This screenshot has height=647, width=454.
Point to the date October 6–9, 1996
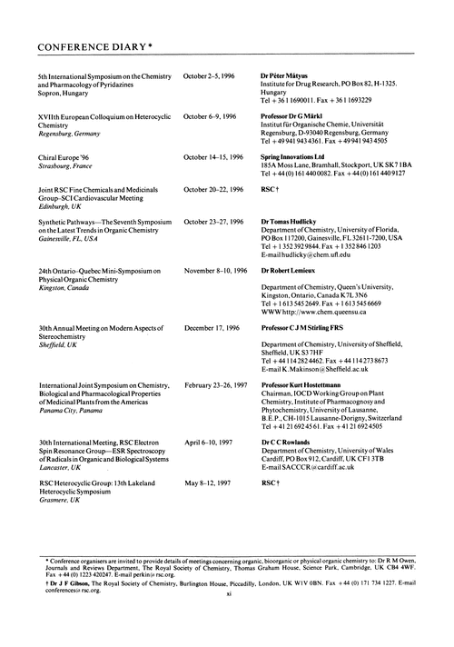pos(210,116)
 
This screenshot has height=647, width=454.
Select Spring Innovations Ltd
pos(299,158)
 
